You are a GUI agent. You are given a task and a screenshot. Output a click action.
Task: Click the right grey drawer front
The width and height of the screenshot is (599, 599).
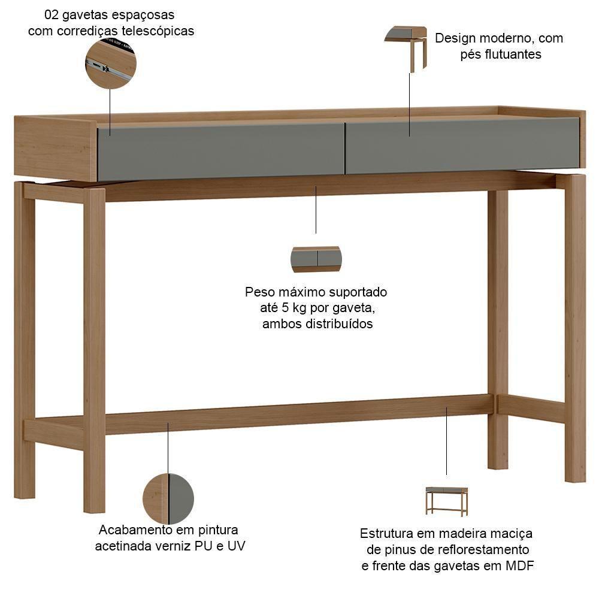461,146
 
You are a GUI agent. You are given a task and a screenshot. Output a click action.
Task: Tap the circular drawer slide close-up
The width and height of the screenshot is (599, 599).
111,63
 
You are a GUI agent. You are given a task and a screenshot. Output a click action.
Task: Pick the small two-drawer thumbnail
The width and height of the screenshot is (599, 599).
316,259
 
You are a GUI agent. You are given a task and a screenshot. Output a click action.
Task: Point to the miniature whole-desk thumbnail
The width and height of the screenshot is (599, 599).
447,501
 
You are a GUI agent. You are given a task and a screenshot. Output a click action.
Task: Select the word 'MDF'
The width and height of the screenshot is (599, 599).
520,565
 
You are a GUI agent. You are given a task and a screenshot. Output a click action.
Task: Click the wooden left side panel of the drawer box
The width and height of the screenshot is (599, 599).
55,149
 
